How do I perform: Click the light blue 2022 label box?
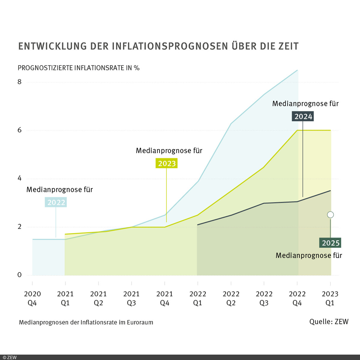56,202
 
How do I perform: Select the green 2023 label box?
166,163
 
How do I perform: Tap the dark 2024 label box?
303,116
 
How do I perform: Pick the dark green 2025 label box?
330,243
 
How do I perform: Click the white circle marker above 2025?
330,215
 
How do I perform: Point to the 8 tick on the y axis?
19,82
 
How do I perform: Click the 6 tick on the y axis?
19,130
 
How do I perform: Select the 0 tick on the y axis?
19,275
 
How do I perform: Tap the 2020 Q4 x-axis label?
32,298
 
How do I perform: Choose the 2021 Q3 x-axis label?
131,298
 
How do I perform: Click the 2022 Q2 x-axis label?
231,298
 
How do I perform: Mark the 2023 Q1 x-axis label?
330,298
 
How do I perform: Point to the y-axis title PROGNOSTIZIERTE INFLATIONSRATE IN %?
79,68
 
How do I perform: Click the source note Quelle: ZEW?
329,322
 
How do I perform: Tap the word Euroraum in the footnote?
140,322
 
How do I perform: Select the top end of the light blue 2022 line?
297,70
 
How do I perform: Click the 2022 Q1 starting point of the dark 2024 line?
198,225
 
